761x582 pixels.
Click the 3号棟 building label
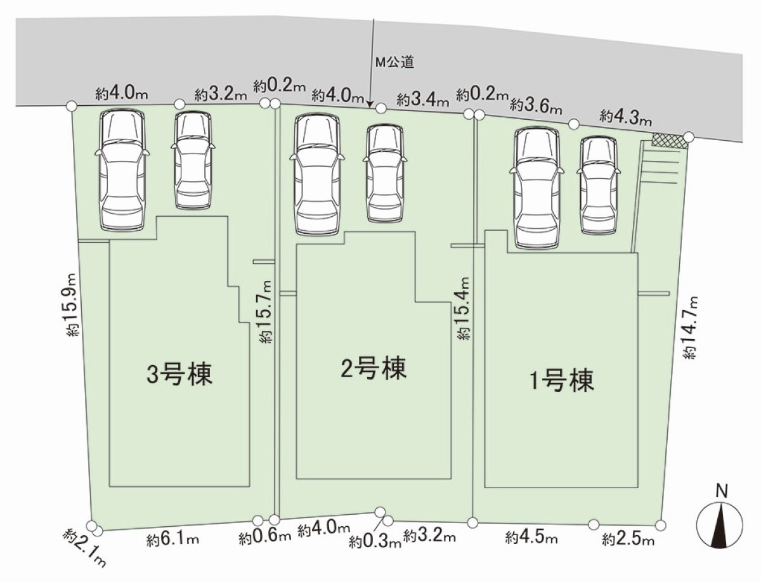pos(179,375)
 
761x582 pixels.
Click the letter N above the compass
pos(720,490)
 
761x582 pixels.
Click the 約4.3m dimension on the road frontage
pos(626,117)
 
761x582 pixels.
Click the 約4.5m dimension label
pos(531,539)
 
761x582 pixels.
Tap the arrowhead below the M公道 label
pos(372,101)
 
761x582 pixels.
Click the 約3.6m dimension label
pos(536,105)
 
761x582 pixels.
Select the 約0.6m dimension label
pos(265,538)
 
